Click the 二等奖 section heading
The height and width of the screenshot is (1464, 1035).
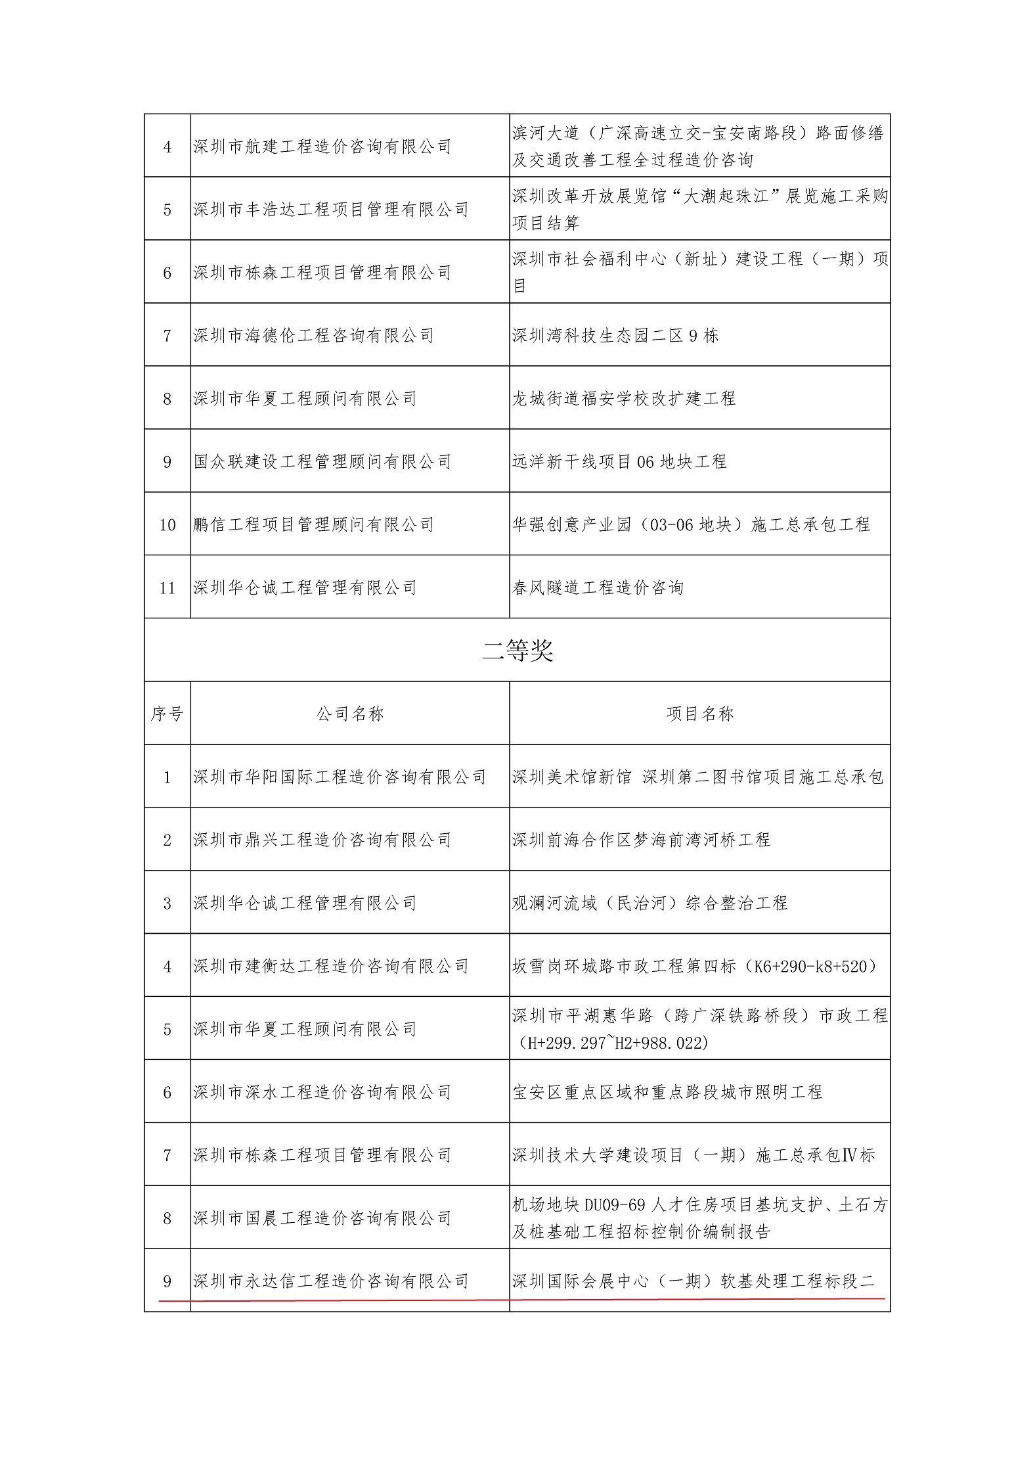point(517,651)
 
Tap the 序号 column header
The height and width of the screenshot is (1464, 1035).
point(167,714)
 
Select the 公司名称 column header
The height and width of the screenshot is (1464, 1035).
point(350,714)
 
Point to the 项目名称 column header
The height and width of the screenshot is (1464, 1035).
point(700,714)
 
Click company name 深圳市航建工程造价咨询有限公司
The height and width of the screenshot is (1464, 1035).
point(322,147)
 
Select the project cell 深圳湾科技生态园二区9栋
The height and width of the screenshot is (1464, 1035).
point(615,336)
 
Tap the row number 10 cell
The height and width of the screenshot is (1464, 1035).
point(167,525)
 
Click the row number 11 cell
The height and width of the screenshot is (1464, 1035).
point(167,588)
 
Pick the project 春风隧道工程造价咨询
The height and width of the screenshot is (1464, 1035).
point(598,588)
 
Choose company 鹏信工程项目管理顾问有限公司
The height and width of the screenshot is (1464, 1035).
point(314,525)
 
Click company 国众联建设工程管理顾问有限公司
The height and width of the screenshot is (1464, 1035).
point(322,462)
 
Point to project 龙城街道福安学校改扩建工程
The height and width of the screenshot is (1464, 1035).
point(624,399)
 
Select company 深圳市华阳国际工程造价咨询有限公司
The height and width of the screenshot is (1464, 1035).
point(340,777)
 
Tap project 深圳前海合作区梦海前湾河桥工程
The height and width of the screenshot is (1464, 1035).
point(641,840)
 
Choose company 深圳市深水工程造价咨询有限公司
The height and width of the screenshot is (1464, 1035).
point(322,1093)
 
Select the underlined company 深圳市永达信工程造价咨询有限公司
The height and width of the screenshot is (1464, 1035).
point(331,1281)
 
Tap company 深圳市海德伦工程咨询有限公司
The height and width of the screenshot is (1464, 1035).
point(314,336)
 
